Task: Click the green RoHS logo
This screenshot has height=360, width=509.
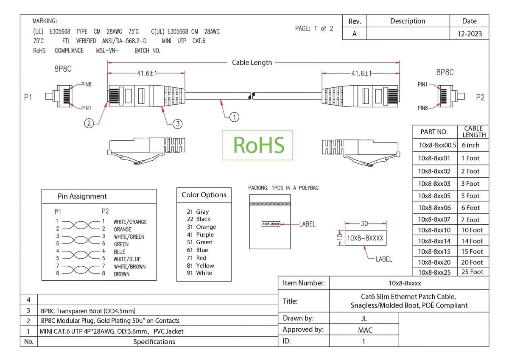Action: point(258,145)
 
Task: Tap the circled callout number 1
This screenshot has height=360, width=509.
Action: point(234,117)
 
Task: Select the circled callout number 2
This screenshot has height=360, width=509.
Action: point(89,123)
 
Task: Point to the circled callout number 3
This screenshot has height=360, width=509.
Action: point(177,124)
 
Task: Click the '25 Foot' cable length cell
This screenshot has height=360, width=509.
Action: point(472,272)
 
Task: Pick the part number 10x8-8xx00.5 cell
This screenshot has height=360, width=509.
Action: point(437,145)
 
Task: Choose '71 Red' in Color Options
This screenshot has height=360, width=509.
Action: point(196,258)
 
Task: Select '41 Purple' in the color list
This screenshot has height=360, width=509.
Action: point(200,234)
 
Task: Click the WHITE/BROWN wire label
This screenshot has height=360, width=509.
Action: point(130,266)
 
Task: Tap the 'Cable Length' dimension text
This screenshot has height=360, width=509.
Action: point(252,62)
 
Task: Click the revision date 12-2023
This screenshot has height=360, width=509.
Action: point(470,34)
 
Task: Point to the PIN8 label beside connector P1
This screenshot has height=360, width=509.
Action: point(87,84)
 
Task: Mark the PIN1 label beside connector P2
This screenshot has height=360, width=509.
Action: point(422,84)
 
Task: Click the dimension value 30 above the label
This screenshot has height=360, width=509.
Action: point(364,224)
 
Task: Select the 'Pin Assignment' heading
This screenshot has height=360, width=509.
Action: point(82,196)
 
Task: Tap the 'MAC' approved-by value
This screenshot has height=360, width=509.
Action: point(365,330)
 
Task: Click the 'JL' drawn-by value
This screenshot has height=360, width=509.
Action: point(364,318)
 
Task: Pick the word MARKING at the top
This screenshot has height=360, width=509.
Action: point(45,21)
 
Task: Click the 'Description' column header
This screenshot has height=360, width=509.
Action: point(408,21)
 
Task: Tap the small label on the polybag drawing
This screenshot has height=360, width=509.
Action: point(271,224)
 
